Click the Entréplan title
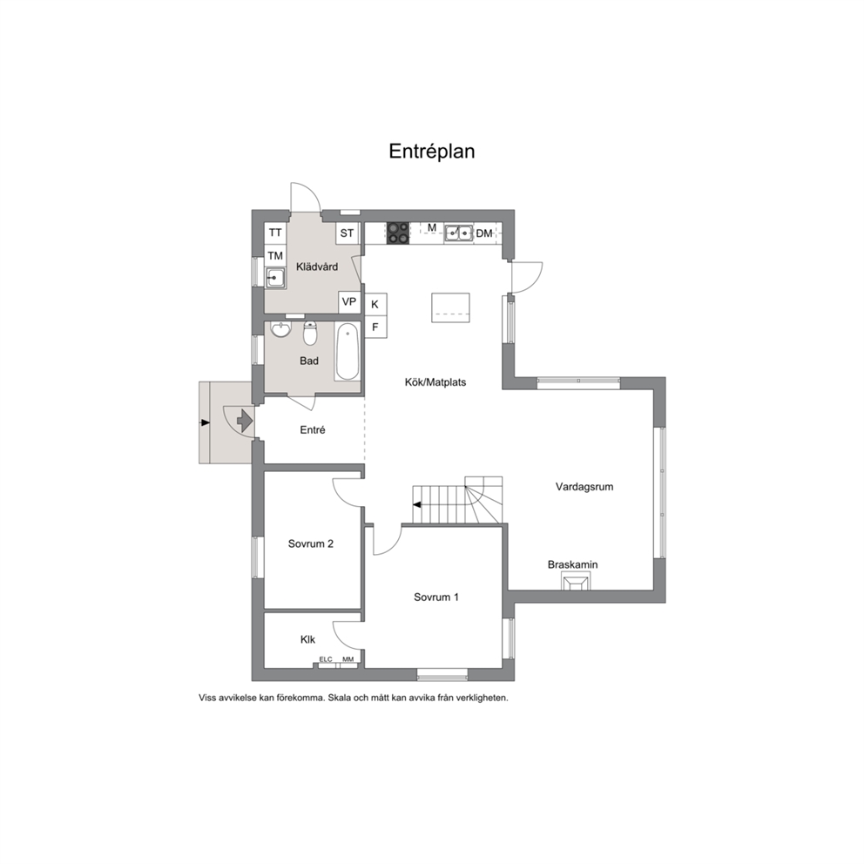click(x=431, y=152)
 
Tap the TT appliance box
click(x=275, y=233)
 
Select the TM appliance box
click(x=275, y=256)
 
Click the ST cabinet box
click(x=348, y=233)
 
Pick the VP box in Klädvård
click(x=349, y=302)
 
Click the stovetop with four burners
click(x=398, y=233)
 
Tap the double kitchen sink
click(x=459, y=233)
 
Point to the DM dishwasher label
click(x=483, y=233)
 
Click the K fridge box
click(x=375, y=304)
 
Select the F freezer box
click(x=375, y=327)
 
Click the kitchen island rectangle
click(x=451, y=307)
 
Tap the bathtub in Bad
click(x=348, y=352)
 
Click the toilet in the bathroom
click(x=310, y=333)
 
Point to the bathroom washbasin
click(x=281, y=329)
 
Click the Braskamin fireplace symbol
click(x=576, y=581)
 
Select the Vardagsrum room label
click(x=584, y=487)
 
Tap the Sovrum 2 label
click(x=311, y=543)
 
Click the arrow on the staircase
click(x=417, y=504)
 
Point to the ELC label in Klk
click(x=326, y=659)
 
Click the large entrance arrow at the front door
click(x=245, y=421)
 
